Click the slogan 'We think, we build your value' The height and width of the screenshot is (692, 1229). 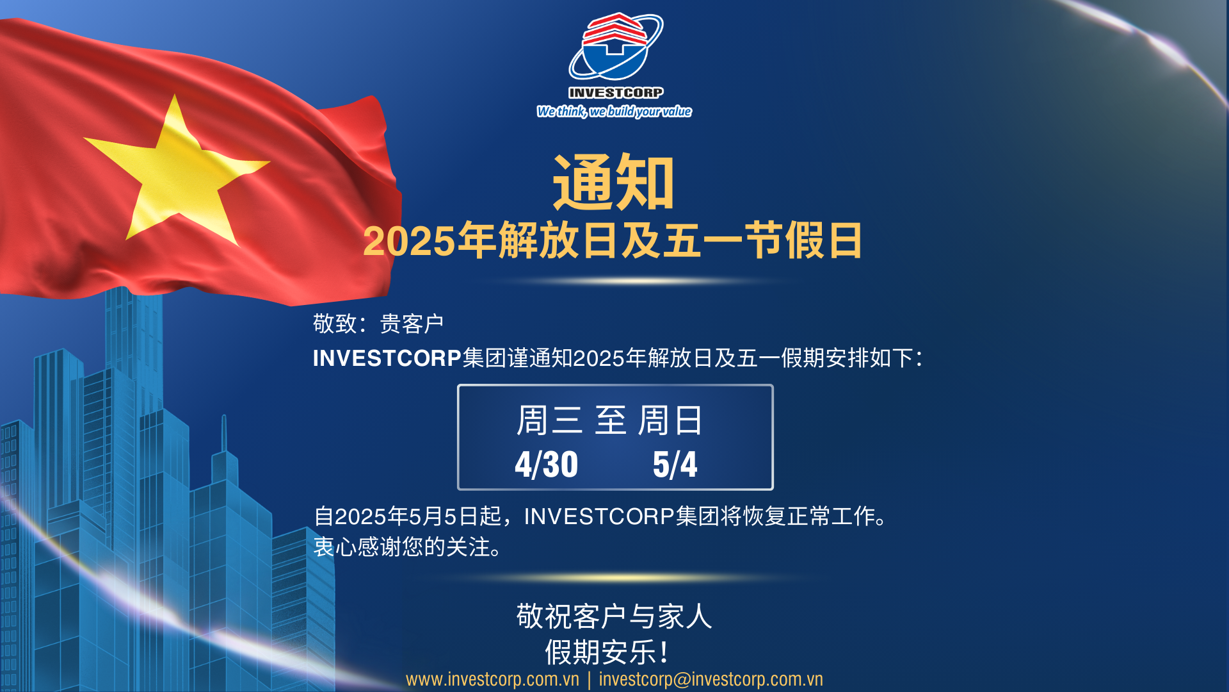(614, 111)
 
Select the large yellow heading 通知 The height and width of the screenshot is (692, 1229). (613, 182)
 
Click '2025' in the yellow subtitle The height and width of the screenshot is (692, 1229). (409, 242)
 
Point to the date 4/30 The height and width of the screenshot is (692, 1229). (547, 465)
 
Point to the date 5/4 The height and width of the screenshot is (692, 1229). (675, 465)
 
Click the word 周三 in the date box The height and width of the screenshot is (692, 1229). (549, 420)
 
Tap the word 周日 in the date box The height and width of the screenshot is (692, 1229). (670, 420)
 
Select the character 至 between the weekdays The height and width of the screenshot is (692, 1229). (611, 420)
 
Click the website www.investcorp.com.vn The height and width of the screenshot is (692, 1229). (492, 679)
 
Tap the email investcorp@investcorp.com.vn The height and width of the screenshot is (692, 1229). (711, 679)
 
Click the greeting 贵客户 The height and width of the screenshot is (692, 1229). (412, 324)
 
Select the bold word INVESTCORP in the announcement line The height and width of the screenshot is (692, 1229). (387, 358)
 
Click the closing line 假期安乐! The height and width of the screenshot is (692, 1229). (607, 652)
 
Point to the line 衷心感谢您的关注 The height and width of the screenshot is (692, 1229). (402, 547)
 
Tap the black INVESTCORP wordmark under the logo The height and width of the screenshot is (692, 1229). (616, 93)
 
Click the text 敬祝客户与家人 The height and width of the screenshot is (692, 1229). (614, 616)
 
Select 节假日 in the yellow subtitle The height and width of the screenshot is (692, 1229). (803, 241)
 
